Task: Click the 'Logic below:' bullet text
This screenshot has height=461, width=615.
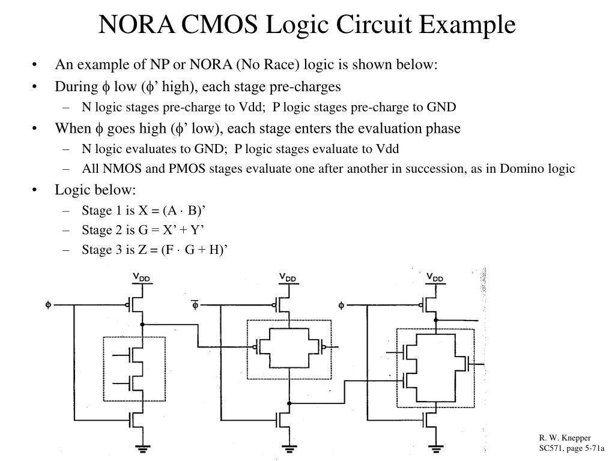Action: click(95, 190)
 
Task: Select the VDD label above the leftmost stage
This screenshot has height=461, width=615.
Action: click(142, 277)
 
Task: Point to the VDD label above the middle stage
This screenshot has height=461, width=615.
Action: click(288, 277)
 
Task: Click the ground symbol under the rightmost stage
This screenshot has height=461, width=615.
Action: click(435, 446)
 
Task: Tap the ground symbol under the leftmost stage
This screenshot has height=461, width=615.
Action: click(142, 446)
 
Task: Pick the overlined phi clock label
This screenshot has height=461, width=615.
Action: click(195, 304)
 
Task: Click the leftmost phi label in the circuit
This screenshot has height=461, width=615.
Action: click(48, 304)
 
